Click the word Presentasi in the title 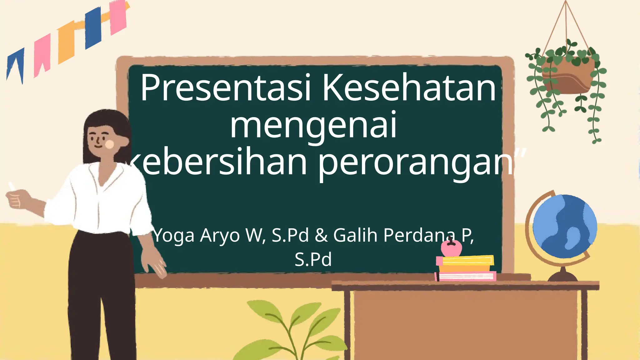225,88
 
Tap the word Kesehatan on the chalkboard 409,88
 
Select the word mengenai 313,126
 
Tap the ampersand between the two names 321,235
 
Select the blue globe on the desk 564,226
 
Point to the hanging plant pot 567,77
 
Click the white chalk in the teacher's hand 12,186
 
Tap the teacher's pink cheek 110,144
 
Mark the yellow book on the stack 468,260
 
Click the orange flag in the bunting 66,42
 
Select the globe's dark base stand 562,276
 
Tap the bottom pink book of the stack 466,276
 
